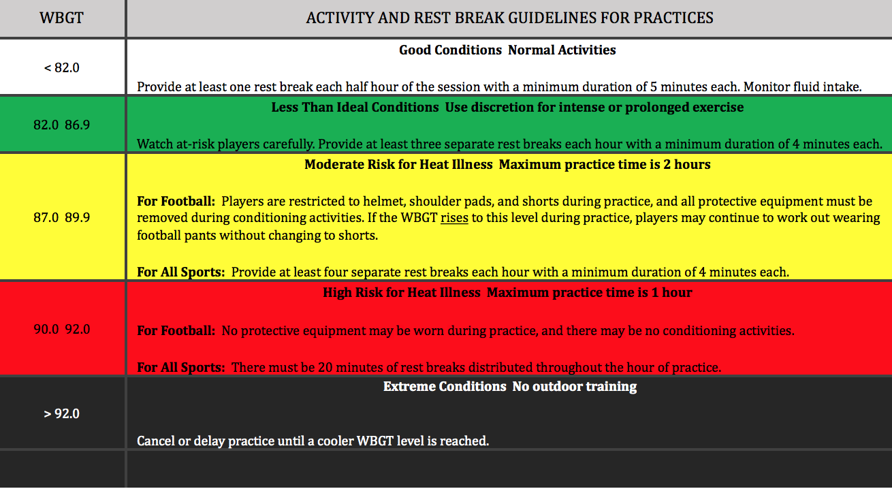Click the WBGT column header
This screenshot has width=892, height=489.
[x=61, y=18]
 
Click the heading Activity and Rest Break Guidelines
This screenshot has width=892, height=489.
[x=509, y=18]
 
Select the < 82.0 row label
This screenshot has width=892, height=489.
[x=61, y=67]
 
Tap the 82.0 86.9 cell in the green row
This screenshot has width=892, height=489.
[x=61, y=125]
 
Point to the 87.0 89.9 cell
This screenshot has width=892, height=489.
[x=61, y=217]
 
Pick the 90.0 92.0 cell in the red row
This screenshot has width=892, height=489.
[x=61, y=330]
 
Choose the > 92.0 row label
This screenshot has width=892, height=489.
[x=61, y=413]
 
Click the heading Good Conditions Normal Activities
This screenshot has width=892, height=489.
[x=507, y=50]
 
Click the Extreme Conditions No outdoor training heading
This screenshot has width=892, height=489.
[x=510, y=387]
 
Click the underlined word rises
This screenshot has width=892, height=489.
[x=454, y=218]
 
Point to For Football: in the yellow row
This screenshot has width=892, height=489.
[x=176, y=202]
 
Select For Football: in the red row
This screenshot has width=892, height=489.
[x=176, y=331]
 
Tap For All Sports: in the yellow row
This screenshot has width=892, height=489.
[x=181, y=272]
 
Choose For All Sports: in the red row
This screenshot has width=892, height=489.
[x=181, y=368]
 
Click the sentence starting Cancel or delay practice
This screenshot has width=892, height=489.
[x=313, y=441]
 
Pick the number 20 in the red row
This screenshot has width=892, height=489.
[x=325, y=368]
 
